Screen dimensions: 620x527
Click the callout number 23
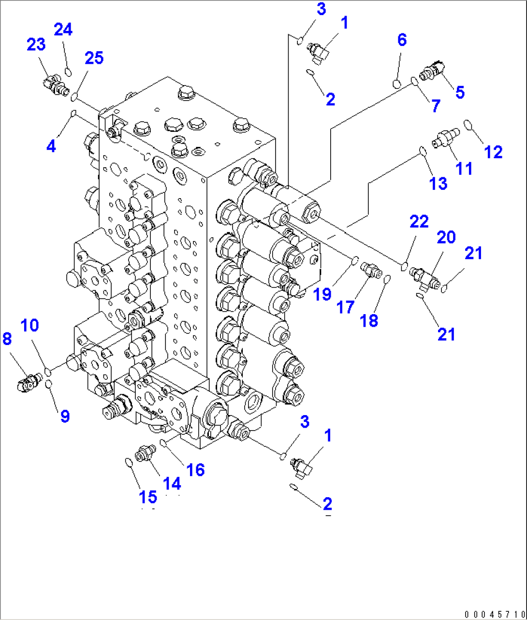36,44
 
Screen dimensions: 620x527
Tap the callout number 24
63,29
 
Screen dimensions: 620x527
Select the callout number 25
94,58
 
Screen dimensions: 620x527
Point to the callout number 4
51,145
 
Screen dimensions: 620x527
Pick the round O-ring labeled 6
397,84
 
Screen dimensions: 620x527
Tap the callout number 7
436,106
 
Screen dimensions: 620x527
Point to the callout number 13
439,183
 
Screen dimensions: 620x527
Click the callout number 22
419,221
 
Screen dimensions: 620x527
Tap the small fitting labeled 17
371,270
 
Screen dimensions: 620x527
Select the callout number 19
322,293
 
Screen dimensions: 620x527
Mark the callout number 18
369,320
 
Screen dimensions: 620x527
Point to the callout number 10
30,325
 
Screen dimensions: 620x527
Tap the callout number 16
195,469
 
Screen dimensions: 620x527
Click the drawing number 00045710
493,614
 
